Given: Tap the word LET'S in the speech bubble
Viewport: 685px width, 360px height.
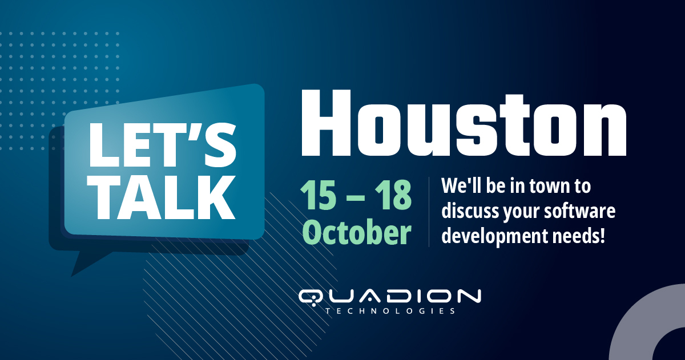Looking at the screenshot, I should click(162, 148).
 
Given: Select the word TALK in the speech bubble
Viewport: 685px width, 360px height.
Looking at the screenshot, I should click(162, 196).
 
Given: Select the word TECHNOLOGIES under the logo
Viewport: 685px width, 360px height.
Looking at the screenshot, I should click(390, 312).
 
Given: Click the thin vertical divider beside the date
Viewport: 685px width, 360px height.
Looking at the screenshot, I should click(429, 212).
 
